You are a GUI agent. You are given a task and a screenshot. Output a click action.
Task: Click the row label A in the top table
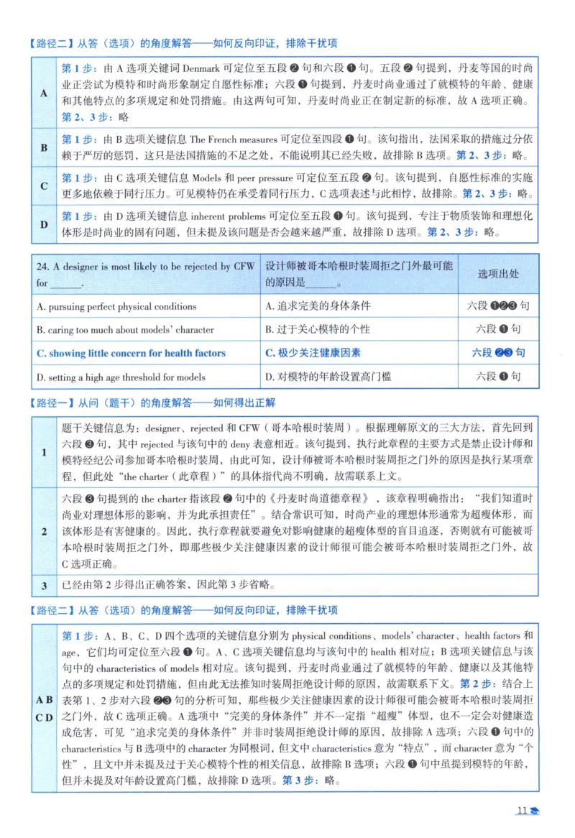(44, 93)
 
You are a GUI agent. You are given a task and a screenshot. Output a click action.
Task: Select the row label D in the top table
(44, 224)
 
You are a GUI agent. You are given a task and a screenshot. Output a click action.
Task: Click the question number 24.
(42, 267)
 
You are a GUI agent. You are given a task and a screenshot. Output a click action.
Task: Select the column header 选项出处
(498, 274)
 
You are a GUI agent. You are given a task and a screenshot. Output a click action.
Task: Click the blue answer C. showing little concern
(131, 353)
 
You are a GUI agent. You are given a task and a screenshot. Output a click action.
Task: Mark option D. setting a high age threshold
(121, 377)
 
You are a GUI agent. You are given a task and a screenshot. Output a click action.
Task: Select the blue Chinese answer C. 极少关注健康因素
(313, 353)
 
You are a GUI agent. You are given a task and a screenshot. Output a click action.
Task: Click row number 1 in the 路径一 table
(44, 453)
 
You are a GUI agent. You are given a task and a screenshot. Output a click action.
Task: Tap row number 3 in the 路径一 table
(44, 586)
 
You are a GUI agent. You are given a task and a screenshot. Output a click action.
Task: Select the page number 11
(523, 811)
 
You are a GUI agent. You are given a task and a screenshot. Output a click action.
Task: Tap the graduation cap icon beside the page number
(535, 812)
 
